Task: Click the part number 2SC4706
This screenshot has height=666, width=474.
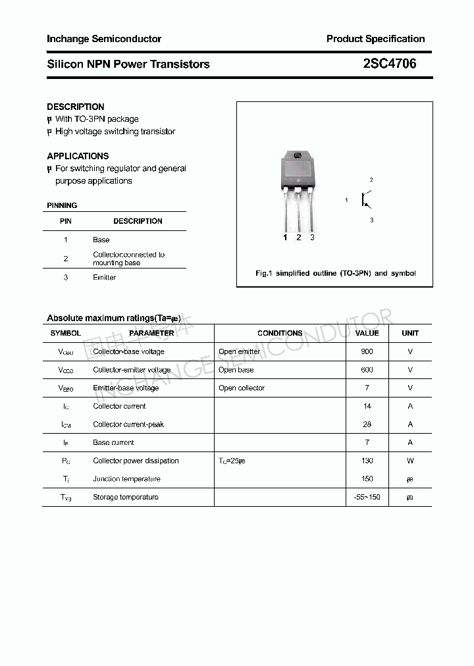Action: [x=390, y=64]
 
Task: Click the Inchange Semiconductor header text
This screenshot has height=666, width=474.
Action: [x=104, y=39]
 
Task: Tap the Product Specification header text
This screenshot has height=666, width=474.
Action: [x=375, y=39]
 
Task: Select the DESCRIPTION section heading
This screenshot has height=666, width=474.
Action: [x=76, y=107]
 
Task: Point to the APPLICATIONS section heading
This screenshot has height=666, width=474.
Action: [x=78, y=156]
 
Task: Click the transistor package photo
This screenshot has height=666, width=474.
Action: [x=298, y=191]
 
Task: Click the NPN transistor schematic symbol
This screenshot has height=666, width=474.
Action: [x=366, y=199]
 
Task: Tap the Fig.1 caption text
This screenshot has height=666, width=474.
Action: [x=335, y=273]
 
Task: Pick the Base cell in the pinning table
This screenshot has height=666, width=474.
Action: [x=101, y=240]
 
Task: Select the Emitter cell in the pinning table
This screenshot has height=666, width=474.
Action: [x=104, y=278]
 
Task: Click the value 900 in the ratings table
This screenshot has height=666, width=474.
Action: [x=367, y=351]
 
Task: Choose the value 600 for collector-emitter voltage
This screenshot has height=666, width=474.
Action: [x=367, y=370]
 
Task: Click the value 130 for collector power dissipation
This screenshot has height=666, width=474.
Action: [x=367, y=461]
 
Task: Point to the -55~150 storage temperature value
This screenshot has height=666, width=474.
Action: [x=367, y=497]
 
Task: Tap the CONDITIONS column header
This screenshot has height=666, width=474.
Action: [x=280, y=333]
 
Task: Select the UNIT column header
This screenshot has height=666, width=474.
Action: [x=410, y=333]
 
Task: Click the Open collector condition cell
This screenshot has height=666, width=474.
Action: [x=242, y=388]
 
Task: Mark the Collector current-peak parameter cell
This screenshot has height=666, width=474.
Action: [x=128, y=424]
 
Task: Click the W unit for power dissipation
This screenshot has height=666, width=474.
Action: [x=410, y=461]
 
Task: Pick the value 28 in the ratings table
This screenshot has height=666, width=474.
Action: [x=367, y=424]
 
